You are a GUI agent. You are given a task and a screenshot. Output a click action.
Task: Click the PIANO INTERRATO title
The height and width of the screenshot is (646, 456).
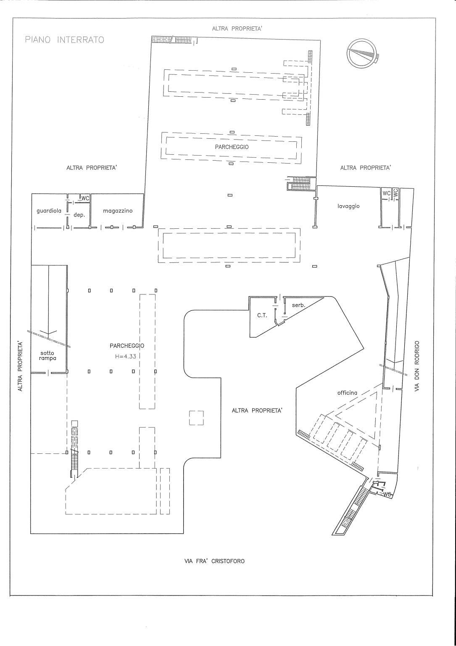pos(65,40)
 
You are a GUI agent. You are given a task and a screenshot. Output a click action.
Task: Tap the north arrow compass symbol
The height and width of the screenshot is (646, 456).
pos(362,53)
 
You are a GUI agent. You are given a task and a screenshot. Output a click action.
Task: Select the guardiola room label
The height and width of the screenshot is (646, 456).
pos(49,211)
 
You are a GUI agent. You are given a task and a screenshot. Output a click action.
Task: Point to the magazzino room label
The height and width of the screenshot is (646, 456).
pos(118,211)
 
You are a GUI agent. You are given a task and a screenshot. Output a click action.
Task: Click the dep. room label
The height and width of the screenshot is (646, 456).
pos(79,215)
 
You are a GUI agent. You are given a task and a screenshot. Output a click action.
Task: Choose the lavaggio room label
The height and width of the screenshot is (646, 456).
pos(348,206)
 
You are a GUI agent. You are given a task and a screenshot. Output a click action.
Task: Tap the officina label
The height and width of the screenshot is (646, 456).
pos(347,392)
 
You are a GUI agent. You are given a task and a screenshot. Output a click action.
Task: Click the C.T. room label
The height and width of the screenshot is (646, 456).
pos(262,315)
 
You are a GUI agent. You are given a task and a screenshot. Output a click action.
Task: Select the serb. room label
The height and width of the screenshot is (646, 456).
pos(298,305)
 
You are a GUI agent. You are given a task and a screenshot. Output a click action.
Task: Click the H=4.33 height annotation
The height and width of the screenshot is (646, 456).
pos(125,356)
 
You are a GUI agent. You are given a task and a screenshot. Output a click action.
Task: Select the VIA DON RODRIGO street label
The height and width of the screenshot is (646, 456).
pos(417,366)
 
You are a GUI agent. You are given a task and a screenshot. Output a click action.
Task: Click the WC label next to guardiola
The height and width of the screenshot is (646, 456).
pos(85,198)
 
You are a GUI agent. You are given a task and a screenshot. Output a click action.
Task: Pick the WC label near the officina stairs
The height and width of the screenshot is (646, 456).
pos(387,494)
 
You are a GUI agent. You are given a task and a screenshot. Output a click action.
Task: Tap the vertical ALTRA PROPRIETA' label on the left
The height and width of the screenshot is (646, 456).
pos(20,366)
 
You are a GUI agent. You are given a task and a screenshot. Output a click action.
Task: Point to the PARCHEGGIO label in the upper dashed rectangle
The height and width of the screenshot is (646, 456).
pos(232,147)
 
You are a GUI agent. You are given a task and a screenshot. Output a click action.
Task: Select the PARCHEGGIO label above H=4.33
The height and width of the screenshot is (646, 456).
pos(127,345)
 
